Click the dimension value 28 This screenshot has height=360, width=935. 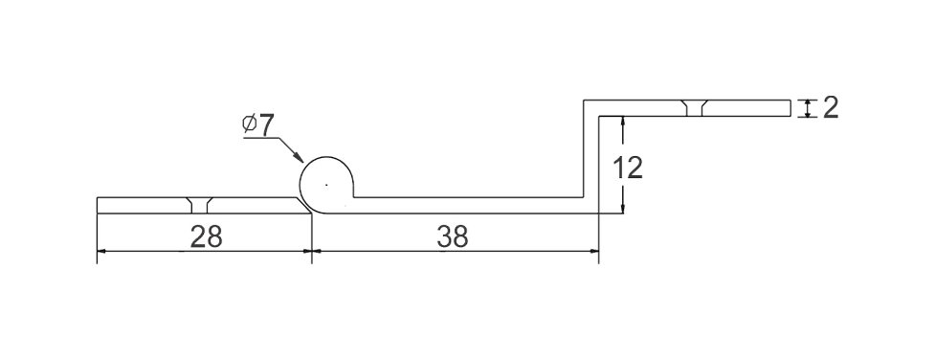click(x=207, y=237)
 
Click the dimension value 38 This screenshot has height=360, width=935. click(x=453, y=237)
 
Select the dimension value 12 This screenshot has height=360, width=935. click(x=628, y=169)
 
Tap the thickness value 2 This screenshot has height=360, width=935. click(x=831, y=107)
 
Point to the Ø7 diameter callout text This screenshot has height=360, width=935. click(x=257, y=124)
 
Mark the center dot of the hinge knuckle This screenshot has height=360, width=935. click(x=326, y=185)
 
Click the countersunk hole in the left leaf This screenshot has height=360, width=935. click(x=199, y=205)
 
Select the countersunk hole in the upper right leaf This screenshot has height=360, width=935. click(x=695, y=107)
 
